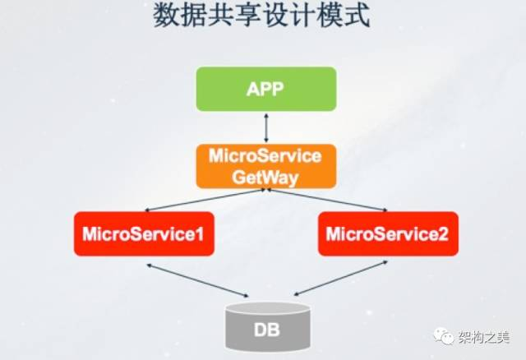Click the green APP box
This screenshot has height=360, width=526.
coord(265,89)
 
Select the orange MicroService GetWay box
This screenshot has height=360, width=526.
coord(265,165)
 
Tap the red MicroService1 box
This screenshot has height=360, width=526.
coord(144,233)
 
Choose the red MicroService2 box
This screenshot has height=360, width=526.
coord(387,233)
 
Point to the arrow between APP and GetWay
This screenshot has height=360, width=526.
coord(265,127)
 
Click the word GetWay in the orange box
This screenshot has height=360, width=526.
coord(265,175)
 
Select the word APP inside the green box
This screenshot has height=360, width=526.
coord(265,89)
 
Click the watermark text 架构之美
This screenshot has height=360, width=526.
coord(486,336)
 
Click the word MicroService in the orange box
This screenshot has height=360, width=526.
coord(265,155)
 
